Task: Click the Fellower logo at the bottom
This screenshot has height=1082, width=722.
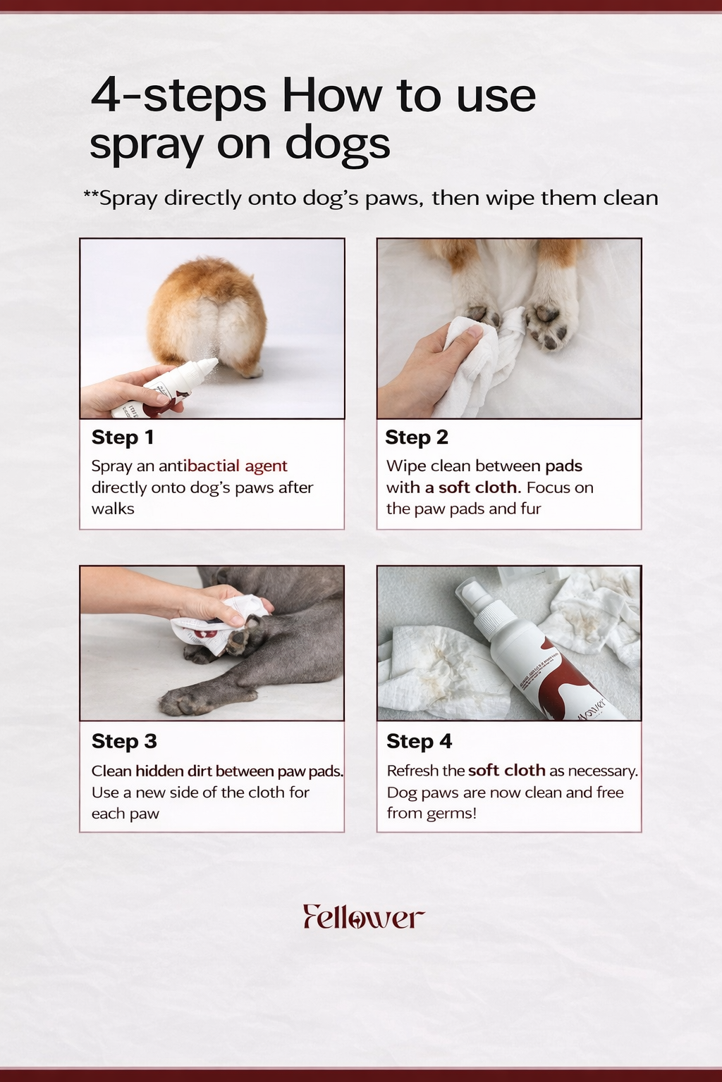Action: coord(364,916)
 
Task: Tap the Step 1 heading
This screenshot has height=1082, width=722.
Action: coord(123,437)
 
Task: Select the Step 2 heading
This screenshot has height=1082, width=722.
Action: coord(417,437)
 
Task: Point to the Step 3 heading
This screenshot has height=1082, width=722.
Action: coord(124,741)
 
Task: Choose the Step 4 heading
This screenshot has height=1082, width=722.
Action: coord(420,741)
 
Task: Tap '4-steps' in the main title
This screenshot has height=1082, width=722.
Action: coord(178,96)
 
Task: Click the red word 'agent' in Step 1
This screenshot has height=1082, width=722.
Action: coord(266,466)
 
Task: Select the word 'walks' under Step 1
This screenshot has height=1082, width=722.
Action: coord(113,509)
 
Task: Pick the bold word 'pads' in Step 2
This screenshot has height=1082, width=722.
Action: coord(564,466)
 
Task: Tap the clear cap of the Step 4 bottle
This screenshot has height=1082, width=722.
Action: coord(470,594)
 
